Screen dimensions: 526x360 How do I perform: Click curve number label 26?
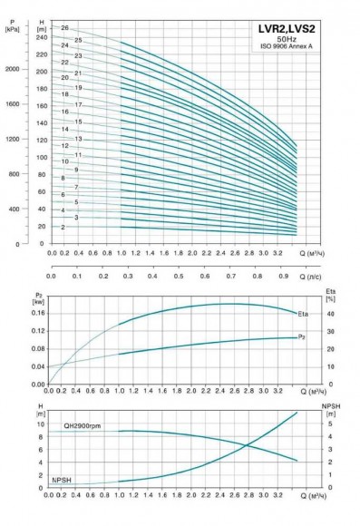tap(64, 29)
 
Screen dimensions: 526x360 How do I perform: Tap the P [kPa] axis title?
tap(12, 25)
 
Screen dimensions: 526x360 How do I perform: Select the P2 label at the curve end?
tap(303, 337)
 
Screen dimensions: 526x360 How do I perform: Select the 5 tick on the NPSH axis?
tap(330, 424)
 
